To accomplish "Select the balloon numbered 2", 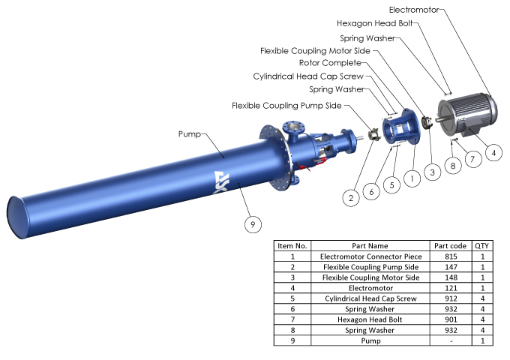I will (x=349, y=198).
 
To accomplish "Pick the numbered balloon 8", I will (x=452, y=164).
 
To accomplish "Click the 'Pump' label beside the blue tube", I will (x=188, y=134).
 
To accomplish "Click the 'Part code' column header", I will (x=450, y=246).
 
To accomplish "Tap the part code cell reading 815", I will (x=450, y=256).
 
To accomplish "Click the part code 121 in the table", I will (x=450, y=288).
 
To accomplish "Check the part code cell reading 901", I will (x=450, y=319).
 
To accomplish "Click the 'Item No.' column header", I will (x=292, y=246).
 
